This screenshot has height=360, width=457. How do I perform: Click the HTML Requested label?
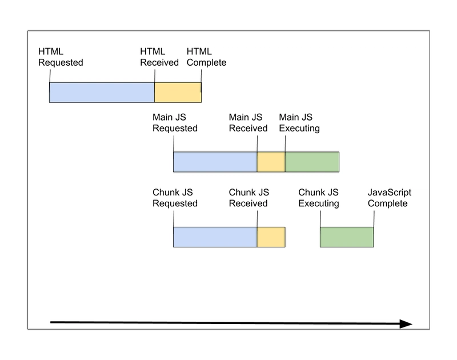[x=61, y=57]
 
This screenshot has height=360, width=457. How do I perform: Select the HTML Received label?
[x=159, y=57]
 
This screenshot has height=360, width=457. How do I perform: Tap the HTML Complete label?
[x=206, y=57]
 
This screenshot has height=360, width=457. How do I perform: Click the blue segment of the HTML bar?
[x=102, y=93]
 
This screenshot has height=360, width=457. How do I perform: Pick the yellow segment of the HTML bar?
[x=178, y=93]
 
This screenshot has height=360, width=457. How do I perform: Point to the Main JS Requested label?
[x=175, y=123]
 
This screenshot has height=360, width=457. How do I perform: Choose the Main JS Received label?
[x=248, y=123]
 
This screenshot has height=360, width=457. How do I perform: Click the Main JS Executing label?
[x=299, y=123]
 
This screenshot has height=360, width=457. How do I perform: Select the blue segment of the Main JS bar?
[x=215, y=162]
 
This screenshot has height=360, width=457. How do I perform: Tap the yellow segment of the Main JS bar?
[x=271, y=162]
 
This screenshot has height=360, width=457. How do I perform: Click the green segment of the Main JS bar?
[x=312, y=162]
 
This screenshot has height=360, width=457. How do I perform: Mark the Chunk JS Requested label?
[x=175, y=198]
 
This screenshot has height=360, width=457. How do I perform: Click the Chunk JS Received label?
[x=248, y=198]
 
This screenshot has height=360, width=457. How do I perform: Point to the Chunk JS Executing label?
[x=319, y=198]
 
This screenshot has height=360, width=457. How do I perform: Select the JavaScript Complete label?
[x=390, y=198]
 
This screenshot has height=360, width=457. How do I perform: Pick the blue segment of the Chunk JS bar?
[x=215, y=237]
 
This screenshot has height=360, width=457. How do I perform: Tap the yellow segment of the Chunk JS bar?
[x=271, y=237]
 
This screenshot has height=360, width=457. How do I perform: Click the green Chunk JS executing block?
[x=347, y=237]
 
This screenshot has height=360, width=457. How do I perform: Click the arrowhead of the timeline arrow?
[x=406, y=324]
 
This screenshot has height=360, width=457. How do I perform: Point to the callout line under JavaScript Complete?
[x=374, y=219]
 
